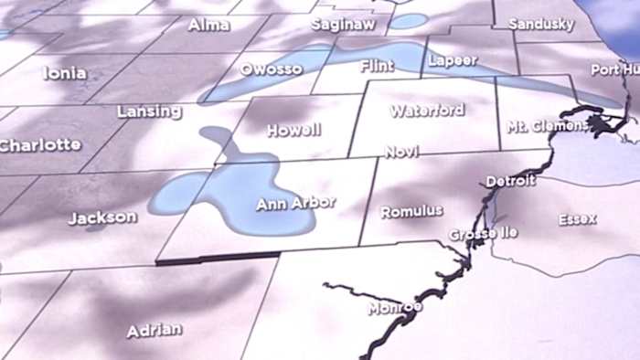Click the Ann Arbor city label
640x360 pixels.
(295, 203)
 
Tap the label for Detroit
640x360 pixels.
(510, 181)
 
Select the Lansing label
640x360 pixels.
(149, 111)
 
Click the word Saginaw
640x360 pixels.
(343, 25)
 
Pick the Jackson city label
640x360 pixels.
(102, 218)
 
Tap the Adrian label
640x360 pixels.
(154, 330)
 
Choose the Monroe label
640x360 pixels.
(395, 308)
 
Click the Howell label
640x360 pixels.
(293, 131)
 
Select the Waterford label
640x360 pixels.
(427, 111)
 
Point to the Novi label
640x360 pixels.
(401, 152)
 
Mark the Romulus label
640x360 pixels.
(411, 211)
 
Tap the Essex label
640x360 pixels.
(578, 219)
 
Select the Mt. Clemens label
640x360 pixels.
(548, 126)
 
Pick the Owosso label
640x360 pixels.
(271, 69)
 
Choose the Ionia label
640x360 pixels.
(65, 73)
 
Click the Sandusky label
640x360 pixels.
(539, 23)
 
